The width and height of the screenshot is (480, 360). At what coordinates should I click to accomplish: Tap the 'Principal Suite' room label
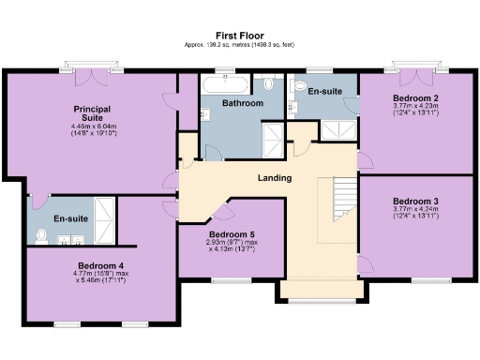click(92, 113)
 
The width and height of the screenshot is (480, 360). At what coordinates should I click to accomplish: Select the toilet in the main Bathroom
click(270, 85)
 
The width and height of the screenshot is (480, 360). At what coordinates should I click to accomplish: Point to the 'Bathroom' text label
click(242, 103)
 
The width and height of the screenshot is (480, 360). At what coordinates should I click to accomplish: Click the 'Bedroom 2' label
click(415, 98)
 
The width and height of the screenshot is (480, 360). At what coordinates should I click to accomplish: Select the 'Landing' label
click(274, 178)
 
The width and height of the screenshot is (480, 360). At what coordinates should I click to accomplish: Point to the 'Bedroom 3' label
click(415, 202)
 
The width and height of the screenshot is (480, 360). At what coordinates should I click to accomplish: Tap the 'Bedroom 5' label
click(231, 234)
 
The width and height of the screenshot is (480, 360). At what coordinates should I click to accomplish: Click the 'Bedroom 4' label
click(101, 265)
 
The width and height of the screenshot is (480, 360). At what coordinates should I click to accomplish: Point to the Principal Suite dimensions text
click(92, 129)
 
